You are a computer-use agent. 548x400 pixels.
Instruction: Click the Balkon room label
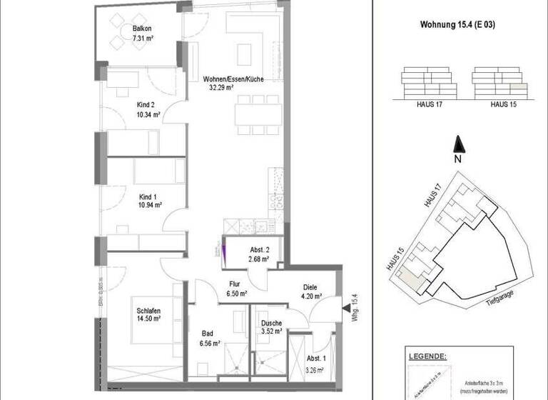pyautogui.click(x=142, y=29)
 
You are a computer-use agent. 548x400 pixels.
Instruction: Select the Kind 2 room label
pyautogui.click(x=145, y=104)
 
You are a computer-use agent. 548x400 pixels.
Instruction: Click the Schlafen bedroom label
pyautogui.click(x=148, y=310)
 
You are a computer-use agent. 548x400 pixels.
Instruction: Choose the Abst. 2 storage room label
pyautogui.click(x=258, y=249)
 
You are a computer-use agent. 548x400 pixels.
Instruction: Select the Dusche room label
pyautogui.click(x=270, y=322)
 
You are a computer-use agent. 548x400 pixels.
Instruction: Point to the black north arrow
pyautogui.click(x=460, y=143)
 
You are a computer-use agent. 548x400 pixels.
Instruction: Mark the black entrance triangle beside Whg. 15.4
pyautogui.click(x=345, y=308)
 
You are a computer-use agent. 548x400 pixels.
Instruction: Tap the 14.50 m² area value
pyautogui.click(x=148, y=319)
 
